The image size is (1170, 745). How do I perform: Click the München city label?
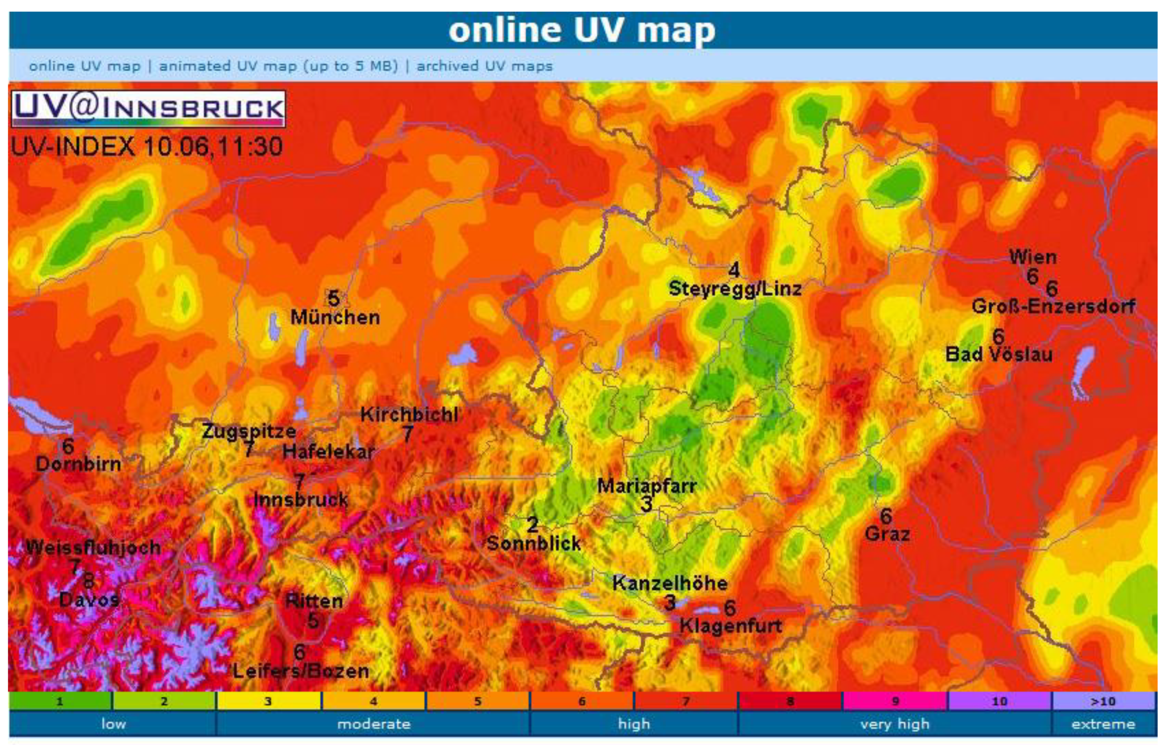pyautogui.click(x=335, y=317)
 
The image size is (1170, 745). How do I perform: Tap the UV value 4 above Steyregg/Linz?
pyautogui.click(x=734, y=270)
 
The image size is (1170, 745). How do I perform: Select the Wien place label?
pyautogui.click(x=1033, y=257)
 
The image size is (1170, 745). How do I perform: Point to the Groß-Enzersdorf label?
pyautogui.click(x=1053, y=307)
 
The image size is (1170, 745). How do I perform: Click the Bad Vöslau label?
pyautogui.click(x=999, y=354)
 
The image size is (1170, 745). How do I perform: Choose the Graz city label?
pyautogui.click(x=887, y=534)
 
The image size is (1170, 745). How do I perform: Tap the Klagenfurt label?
pyautogui.click(x=730, y=626)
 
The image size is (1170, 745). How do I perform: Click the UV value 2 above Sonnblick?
pyautogui.click(x=533, y=524)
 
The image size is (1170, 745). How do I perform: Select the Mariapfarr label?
pyautogui.click(x=647, y=486)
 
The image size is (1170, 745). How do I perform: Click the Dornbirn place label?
pyautogui.click(x=78, y=464)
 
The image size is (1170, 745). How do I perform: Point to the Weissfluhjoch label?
pyautogui.click(x=93, y=548)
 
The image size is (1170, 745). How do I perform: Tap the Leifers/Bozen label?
pyautogui.click(x=301, y=672)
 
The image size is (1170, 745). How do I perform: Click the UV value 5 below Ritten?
pyautogui.click(x=313, y=621)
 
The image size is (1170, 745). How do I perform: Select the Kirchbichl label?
pyautogui.click(x=409, y=415)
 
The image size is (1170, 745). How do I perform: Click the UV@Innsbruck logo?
pyautogui.click(x=148, y=109)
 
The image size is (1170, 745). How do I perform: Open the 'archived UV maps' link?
pyautogui.click(x=484, y=66)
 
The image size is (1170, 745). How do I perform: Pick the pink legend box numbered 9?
pyautogui.click(x=894, y=701)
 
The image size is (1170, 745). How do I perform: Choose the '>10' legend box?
pyautogui.click(x=1103, y=701)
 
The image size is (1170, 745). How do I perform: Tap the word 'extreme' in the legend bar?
pyautogui.click(x=1103, y=724)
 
